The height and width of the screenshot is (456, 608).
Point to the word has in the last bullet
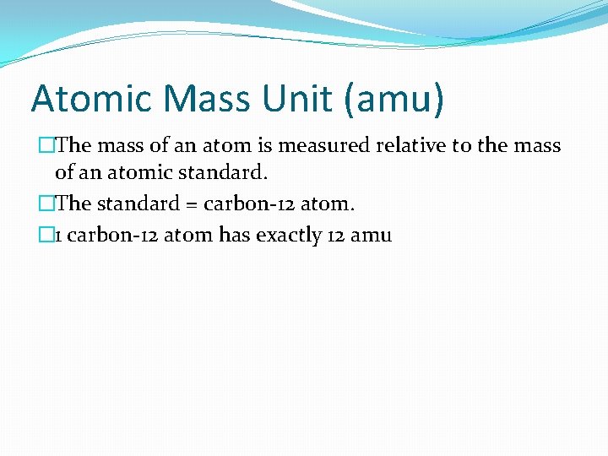click(x=233, y=235)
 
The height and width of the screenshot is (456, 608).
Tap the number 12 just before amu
click(x=335, y=235)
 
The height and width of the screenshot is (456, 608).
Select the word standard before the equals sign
click(x=135, y=204)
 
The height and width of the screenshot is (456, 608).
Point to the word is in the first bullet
click(x=263, y=146)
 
